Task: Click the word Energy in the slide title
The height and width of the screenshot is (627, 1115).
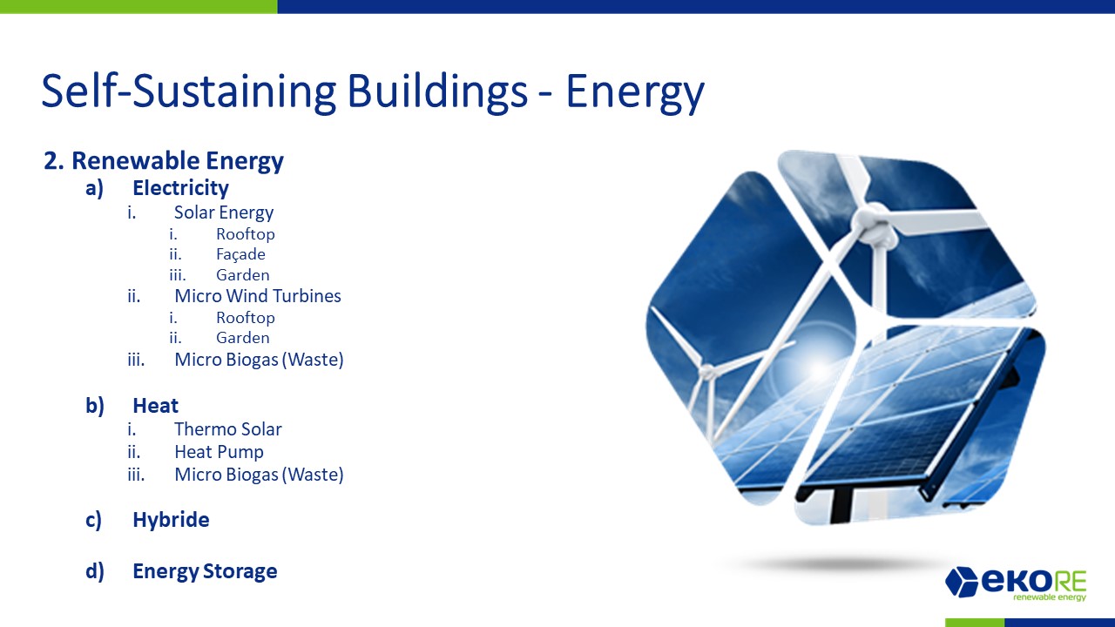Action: click(x=635, y=92)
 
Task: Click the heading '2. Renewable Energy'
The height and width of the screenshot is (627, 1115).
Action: click(x=164, y=161)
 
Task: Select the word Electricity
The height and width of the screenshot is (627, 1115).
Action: click(x=180, y=188)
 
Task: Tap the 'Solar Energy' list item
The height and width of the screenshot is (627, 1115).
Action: click(x=224, y=212)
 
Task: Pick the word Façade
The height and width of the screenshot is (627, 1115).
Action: click(x=240, y=254)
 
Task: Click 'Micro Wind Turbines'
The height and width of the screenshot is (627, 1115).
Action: click(x=257, y=295)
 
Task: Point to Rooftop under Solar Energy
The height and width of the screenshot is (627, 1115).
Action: click(x=246, y=234)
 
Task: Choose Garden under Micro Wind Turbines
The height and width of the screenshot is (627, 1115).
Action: click(x=242, y=338)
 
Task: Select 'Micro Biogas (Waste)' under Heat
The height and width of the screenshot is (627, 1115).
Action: click(x=259, y=475)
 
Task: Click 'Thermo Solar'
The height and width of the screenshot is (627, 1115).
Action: click(x=228, y=429)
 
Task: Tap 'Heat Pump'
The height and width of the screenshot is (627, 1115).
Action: click(x=219, y=452)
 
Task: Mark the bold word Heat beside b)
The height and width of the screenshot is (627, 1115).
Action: click(x=155, y=406)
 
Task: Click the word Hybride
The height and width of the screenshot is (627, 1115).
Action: click(x=171, y=520)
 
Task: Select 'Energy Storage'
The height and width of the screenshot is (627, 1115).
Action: click(x=205, y=571)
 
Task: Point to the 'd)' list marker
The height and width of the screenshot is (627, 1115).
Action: click(x=95, y=571)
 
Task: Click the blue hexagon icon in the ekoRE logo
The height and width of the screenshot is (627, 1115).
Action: click(x=962, y=581)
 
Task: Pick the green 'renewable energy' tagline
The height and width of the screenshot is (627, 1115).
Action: click(x=1050, y=597)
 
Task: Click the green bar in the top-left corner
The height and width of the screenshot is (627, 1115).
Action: click(x=139, y=6)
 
